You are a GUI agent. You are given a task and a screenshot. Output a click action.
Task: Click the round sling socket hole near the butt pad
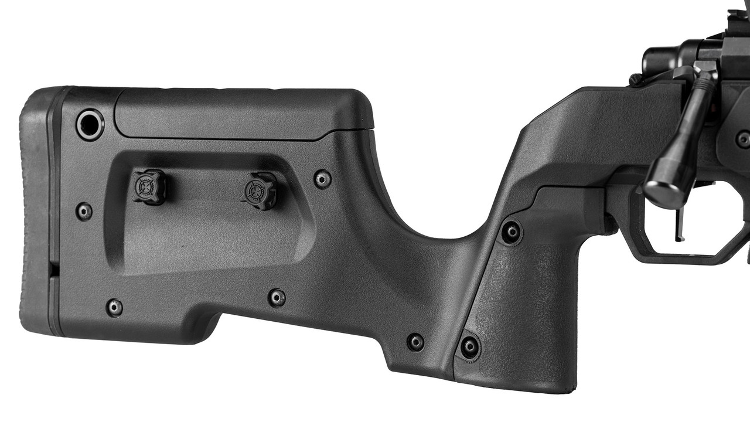pyautogui.click(x=90, y=124)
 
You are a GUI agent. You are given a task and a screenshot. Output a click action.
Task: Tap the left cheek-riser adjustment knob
pyautogui.click(x=148, y=186)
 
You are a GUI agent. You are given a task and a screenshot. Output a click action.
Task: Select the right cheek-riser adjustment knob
pyautogui.click(x=258, y=190)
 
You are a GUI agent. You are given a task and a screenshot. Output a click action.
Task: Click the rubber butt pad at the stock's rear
pyautogui.click(x=36, y=217)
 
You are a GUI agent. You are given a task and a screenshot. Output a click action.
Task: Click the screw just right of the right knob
pyautogui.click(x=322, y=178)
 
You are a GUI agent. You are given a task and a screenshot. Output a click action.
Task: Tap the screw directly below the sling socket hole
pyautogui.click(x=84, y=211)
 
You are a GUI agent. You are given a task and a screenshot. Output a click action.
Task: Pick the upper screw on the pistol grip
pyautogui.click(x=512, y=232)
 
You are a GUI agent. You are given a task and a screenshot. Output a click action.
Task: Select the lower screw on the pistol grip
pyautogui.click(x=469, y=346)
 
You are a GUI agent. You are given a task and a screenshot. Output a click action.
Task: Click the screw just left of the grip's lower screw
pyautogui.click(x=415, y=342)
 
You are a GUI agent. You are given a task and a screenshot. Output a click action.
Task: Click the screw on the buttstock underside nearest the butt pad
pyautogui.click(x=114, y=307)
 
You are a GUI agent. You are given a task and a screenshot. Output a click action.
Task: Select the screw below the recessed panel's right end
pyautogui.click(x=277, y=297)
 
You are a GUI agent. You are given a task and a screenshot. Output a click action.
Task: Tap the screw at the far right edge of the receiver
pyautogui.click(x=743, y=139)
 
